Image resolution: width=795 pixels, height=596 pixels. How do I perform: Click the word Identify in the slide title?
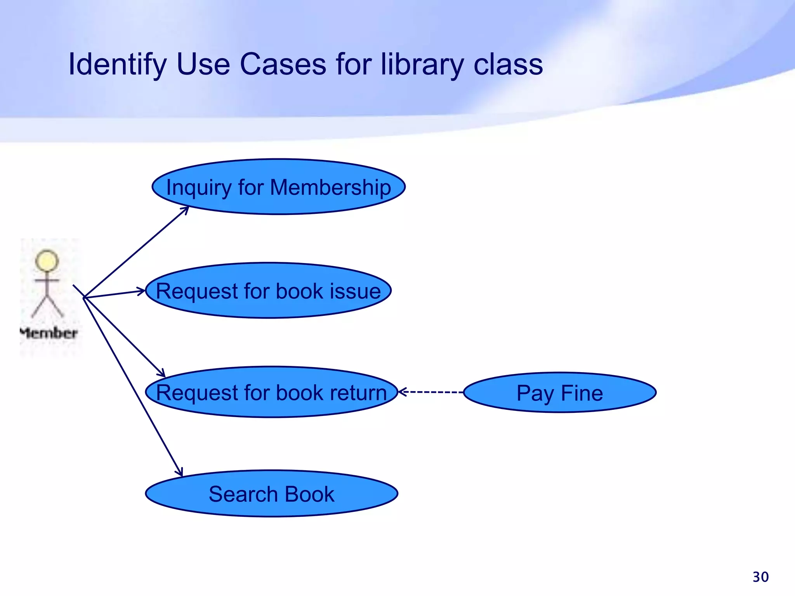tap(117, 65)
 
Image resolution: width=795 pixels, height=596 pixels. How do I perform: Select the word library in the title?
tap(422, 64)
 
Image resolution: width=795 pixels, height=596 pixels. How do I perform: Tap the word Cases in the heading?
tap(283, 64)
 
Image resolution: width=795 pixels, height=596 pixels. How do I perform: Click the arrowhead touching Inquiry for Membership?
tap(185, 210)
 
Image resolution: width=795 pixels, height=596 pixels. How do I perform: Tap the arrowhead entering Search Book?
tap(179, 472)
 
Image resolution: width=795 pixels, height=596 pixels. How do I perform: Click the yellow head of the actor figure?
tap(47, 260)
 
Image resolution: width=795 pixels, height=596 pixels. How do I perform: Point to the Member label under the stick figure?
tap(49, 333)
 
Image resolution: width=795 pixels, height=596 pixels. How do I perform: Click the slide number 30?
tap(760, 577)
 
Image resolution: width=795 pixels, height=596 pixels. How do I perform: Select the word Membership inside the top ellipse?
tap(330, 187)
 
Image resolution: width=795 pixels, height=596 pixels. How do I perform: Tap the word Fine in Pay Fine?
tap(582, 393)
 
